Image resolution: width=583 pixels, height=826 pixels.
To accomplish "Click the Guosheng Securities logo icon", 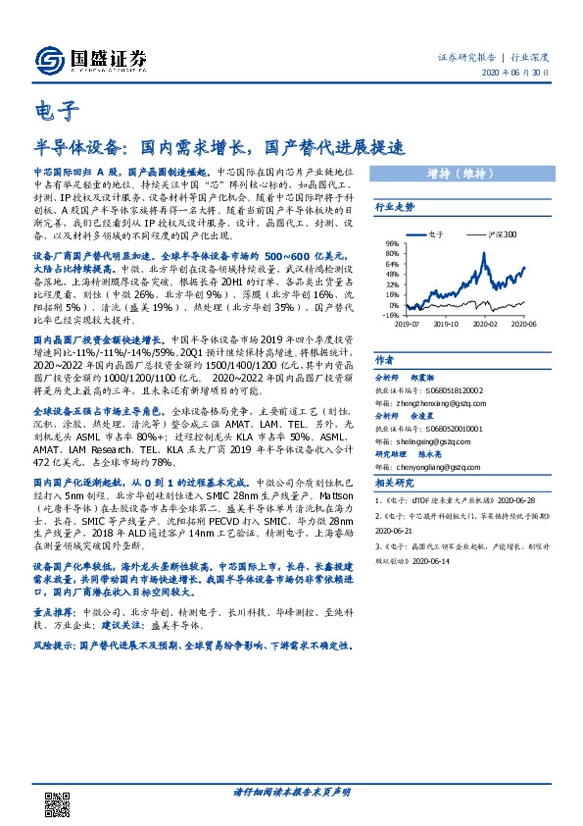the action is point(48,59).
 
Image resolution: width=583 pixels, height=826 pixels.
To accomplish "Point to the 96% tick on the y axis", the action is point(390,243).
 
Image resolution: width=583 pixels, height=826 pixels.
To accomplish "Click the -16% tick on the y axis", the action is point(389,316).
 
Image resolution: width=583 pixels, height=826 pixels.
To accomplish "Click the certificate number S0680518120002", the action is point(463,388).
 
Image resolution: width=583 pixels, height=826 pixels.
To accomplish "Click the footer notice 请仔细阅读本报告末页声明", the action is point(291,791).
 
